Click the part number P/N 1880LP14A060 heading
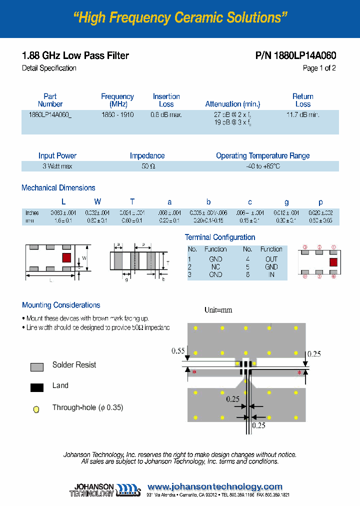pos(295,55)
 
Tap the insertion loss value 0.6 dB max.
pos(166,114)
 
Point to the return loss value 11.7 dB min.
pos(302,114)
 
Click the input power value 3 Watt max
pos(57,166)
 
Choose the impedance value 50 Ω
pos(147,166)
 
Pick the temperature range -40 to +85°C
pos(262,166)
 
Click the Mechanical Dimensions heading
pos(58,188)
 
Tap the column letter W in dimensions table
pos(97,201)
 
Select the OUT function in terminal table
pos(271,259)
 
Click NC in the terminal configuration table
pos(215,267)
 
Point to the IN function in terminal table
pos(271,274)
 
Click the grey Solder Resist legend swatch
pos(37,366)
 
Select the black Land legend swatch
pos(37,387)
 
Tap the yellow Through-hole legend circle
pos(36,409)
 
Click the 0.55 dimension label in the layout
pos(178,351)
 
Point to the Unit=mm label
pos(218,310)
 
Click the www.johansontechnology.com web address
pos(215,486)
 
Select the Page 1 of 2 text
pos(319,68)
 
